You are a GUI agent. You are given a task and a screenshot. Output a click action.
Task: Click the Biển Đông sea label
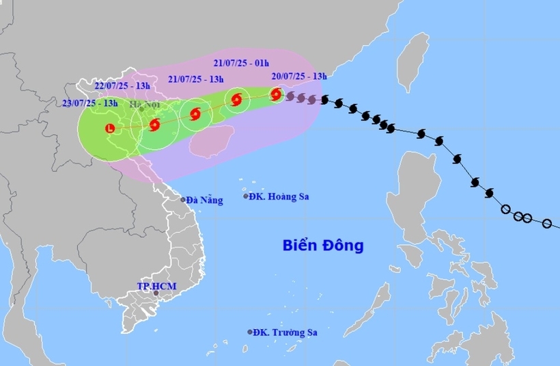(x=323, y=245)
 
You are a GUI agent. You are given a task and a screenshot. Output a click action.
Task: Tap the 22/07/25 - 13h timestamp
(x=124, y=86)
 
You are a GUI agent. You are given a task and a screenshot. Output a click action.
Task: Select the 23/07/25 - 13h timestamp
(x=89, y=103)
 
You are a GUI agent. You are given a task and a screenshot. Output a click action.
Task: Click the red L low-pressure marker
(x=111, y=127)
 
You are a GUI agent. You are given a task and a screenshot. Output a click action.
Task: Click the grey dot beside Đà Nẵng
(x=183, y=200)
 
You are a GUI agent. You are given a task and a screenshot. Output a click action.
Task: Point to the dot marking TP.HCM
(x=156, y=293)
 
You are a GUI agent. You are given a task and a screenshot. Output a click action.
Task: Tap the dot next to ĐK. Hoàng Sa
(x=247, y=196)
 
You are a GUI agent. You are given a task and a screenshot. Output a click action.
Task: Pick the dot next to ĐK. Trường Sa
(x=250, y=332)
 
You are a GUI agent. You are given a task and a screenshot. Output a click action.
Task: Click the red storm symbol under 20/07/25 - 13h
(x=276, y=94)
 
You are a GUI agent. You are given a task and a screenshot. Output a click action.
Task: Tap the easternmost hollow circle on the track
(x=546, y=223)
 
